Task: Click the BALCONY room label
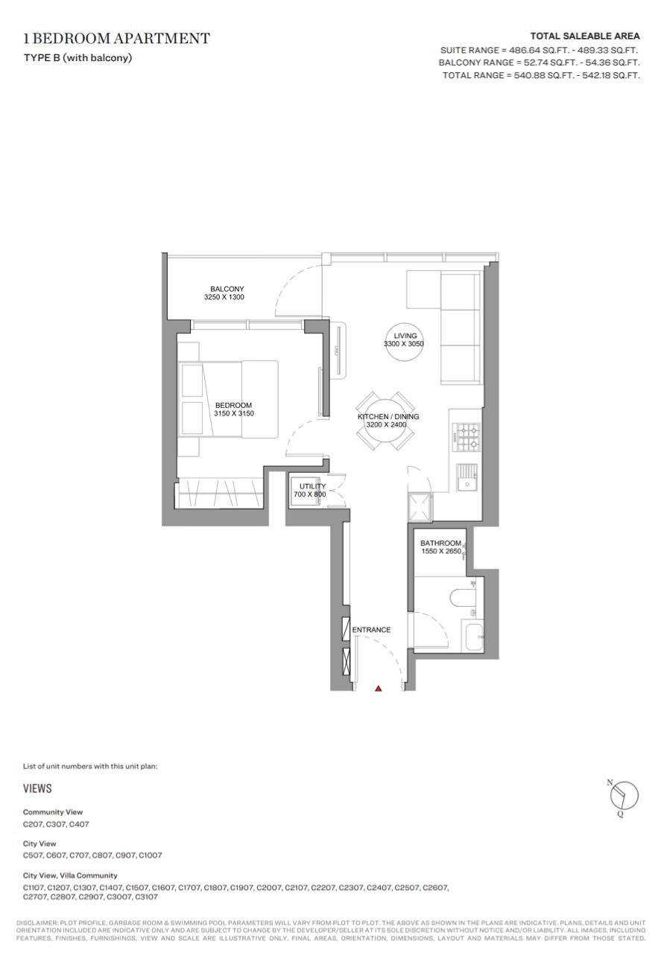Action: click(227, 289)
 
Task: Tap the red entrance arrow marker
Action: click(379, 688)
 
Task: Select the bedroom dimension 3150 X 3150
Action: click(234, 413)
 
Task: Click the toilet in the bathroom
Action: click(463, 596)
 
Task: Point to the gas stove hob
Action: click(467, 437)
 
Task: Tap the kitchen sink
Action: click(467, 477)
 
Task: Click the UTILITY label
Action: click(312, 486)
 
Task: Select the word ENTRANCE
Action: click(371, 630)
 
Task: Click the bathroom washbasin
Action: click(472, 637)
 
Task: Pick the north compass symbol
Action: click(623, 795)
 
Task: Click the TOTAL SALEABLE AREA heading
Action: click(585, 36)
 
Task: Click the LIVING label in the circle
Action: click(405, 336)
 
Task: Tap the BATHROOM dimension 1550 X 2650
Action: click(441, 551)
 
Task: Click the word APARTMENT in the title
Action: click(162, 38)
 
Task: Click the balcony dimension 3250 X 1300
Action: click(224, 297)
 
